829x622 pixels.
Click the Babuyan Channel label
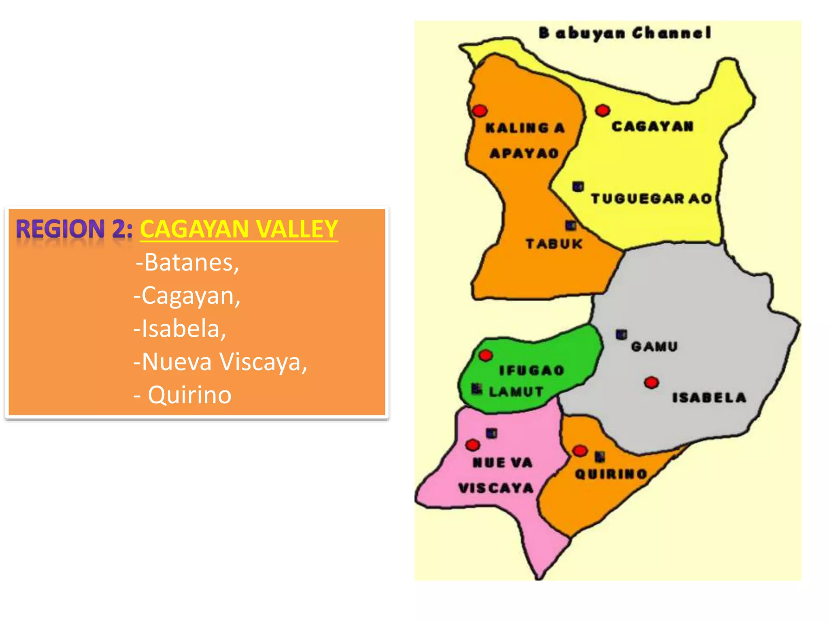click(x=625, y=33)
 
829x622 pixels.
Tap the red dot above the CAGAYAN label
click(x=602, y=110)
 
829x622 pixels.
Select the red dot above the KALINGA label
click(x=480, y=111)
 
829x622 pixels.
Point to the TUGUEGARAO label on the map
click(x=651, y=198)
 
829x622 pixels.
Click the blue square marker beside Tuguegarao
click(x=578, y=187)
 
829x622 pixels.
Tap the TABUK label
click(x=554, y=244)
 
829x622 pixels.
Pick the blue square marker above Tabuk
click(x=571, y=225)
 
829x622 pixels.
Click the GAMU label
click(x=654, y=347)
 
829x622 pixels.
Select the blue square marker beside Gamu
click(x=621, y=334)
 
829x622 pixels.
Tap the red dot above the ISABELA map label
click(x=651, y=382)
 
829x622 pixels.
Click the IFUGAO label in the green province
click(x=531, y=370)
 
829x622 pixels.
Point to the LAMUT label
click(x=516, y=392)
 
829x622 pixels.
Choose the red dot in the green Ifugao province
click(x=485, y=356)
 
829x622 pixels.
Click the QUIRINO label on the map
click(x=611, y=474)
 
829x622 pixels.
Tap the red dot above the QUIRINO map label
click(x=580, y=451)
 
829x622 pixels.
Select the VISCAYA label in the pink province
click(x=496, y=488)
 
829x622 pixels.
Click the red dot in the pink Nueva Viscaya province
click(x=472, y=445)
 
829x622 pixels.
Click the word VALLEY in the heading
click(x=297, y=229)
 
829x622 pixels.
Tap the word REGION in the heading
click(x=60, y=229)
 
